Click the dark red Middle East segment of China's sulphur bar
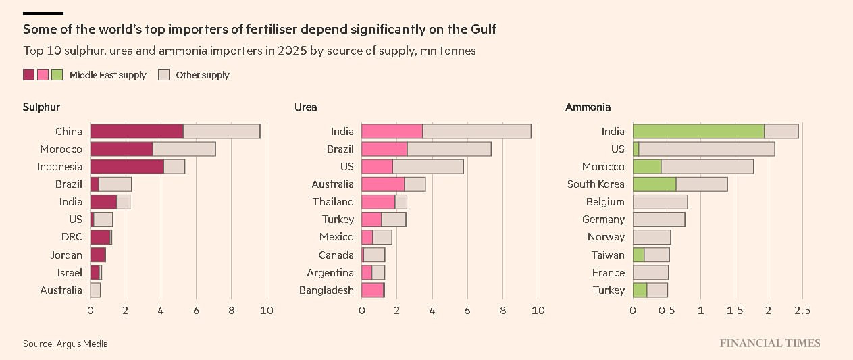point(136,132)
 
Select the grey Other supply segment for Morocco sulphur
point(184,149)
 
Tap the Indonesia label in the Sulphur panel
point(60,167)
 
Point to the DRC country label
point(72,237)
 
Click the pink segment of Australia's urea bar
point(383,184)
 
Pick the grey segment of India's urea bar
point(476,132)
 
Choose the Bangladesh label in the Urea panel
point(326,290)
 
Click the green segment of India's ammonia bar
point(698,132)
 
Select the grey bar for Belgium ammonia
point(660,202)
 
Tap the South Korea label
point(596,184)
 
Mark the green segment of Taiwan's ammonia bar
point(638,255)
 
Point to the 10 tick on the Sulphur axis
point(267,311)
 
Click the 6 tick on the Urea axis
point(467,311)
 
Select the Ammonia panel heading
point(588,107)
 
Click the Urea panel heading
point(305,107)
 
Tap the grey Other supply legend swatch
point(163,75)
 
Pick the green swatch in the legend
point(57,75)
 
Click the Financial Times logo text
point(770,343)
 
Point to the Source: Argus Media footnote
point(65,344)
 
